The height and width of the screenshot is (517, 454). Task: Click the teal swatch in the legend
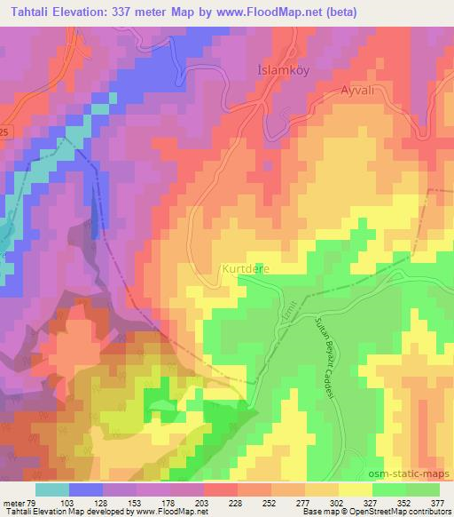point(52,489)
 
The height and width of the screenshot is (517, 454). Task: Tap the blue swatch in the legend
point(86,489)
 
